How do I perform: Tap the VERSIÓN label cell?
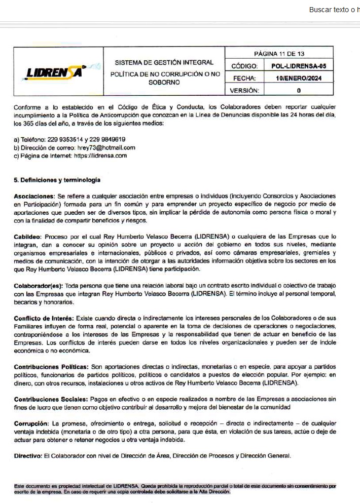[244, 90]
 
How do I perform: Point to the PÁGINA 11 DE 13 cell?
[278, 53]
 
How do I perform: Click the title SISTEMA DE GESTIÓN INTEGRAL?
[164, 63]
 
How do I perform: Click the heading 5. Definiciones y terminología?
[57, 180]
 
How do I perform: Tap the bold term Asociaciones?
[35, 196]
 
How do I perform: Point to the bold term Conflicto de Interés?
[44, 318]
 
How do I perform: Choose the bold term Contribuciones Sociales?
[49, 399]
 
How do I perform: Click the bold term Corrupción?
[31, 423]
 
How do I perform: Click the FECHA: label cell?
[244, 78]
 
